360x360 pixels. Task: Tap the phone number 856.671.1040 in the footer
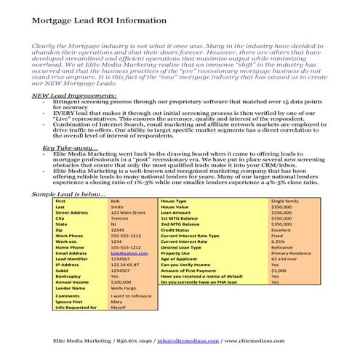point(121,340)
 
